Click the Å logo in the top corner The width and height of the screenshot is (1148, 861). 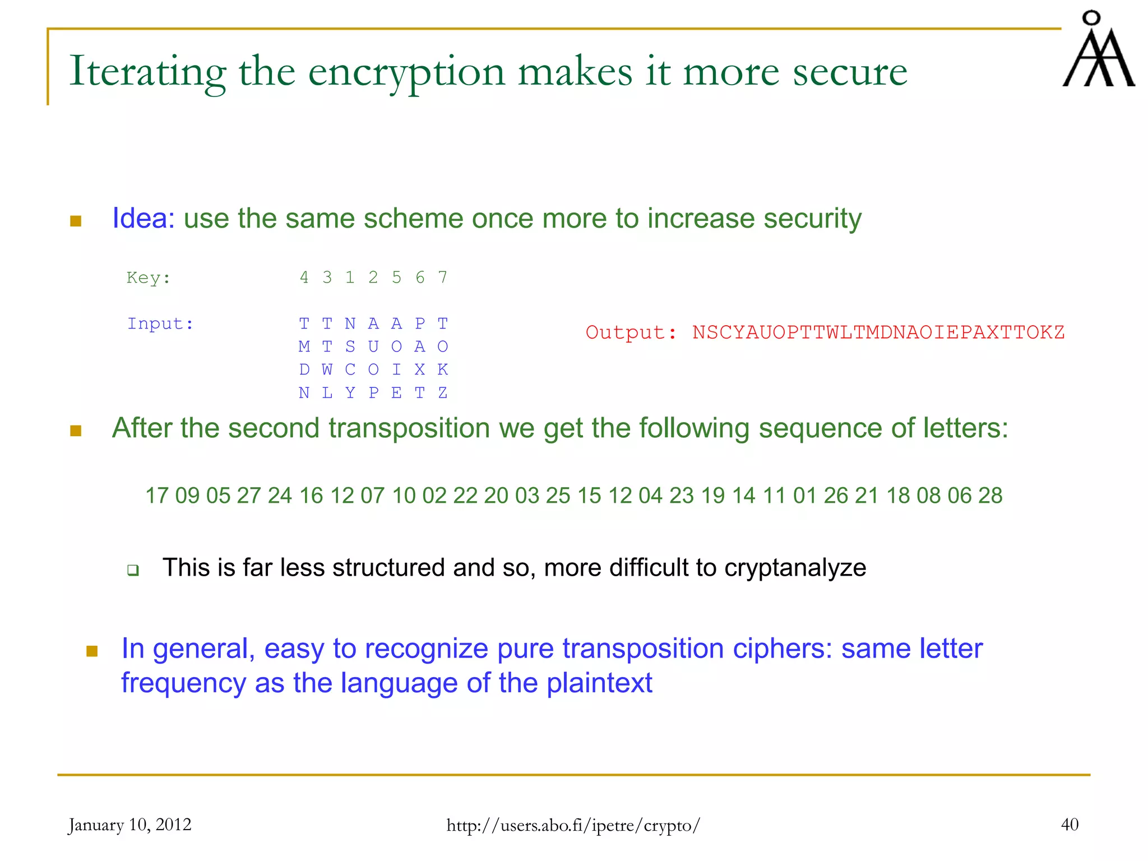(1098, 50)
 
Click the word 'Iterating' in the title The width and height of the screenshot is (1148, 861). (147, 72)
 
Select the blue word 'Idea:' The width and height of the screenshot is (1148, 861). (143, 218)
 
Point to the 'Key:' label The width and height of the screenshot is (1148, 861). (149, 277)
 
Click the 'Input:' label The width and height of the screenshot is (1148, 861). (160, 323)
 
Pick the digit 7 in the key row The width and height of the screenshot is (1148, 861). (443, 277)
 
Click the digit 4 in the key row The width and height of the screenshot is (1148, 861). (304, 277)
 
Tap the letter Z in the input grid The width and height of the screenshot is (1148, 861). (443, 393)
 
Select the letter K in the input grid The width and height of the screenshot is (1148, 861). (443, 369)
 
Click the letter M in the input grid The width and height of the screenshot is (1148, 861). (304, 346)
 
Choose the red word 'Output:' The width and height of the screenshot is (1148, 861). (631, 332)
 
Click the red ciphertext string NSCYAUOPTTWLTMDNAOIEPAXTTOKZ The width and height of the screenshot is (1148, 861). (878, 332)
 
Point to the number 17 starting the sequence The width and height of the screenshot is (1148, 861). (157, 496)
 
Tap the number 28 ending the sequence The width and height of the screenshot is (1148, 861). (990, 496)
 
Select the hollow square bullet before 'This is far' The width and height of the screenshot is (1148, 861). (133, 571)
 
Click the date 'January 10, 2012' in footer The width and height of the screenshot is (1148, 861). (130, 825)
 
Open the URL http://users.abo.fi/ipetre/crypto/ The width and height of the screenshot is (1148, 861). (573, 825)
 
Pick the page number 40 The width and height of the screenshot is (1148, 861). (1070, 825)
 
